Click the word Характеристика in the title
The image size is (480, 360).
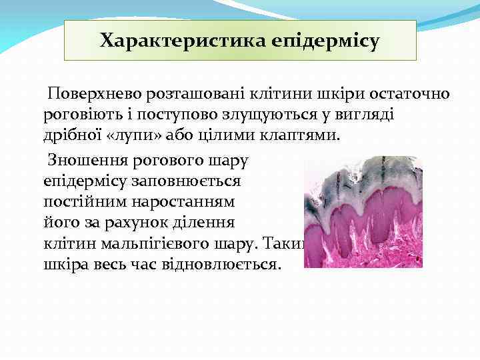point(183,41)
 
